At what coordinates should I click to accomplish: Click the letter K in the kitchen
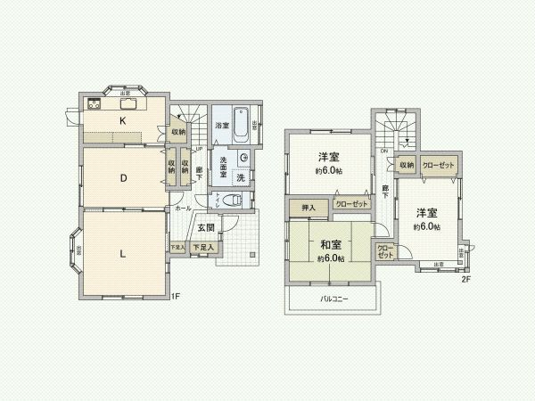123,120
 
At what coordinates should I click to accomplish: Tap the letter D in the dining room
123,176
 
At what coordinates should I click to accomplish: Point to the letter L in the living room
123,252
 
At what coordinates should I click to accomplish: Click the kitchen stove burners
95,104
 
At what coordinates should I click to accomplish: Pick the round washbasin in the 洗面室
243,159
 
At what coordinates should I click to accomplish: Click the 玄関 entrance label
206,227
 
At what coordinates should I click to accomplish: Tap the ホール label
183,209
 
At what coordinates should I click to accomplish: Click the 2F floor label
465,279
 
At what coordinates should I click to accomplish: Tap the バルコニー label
334,299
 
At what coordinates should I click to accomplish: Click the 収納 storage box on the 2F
407,165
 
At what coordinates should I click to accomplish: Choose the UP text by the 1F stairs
200,149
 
